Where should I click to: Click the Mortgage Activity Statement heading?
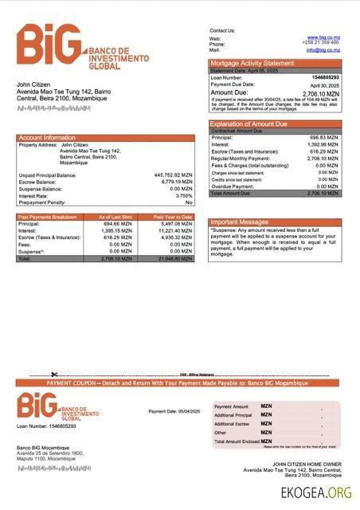[x=252, y=63]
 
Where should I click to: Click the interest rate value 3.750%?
[x=183, y=195]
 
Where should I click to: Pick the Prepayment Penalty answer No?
[x=189, y=202]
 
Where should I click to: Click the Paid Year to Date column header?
[x=173, y=217]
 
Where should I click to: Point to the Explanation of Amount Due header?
[x=248, y=124]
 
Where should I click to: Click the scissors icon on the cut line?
[x=53, y=375]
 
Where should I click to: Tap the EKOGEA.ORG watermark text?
[x=316, y=492]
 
